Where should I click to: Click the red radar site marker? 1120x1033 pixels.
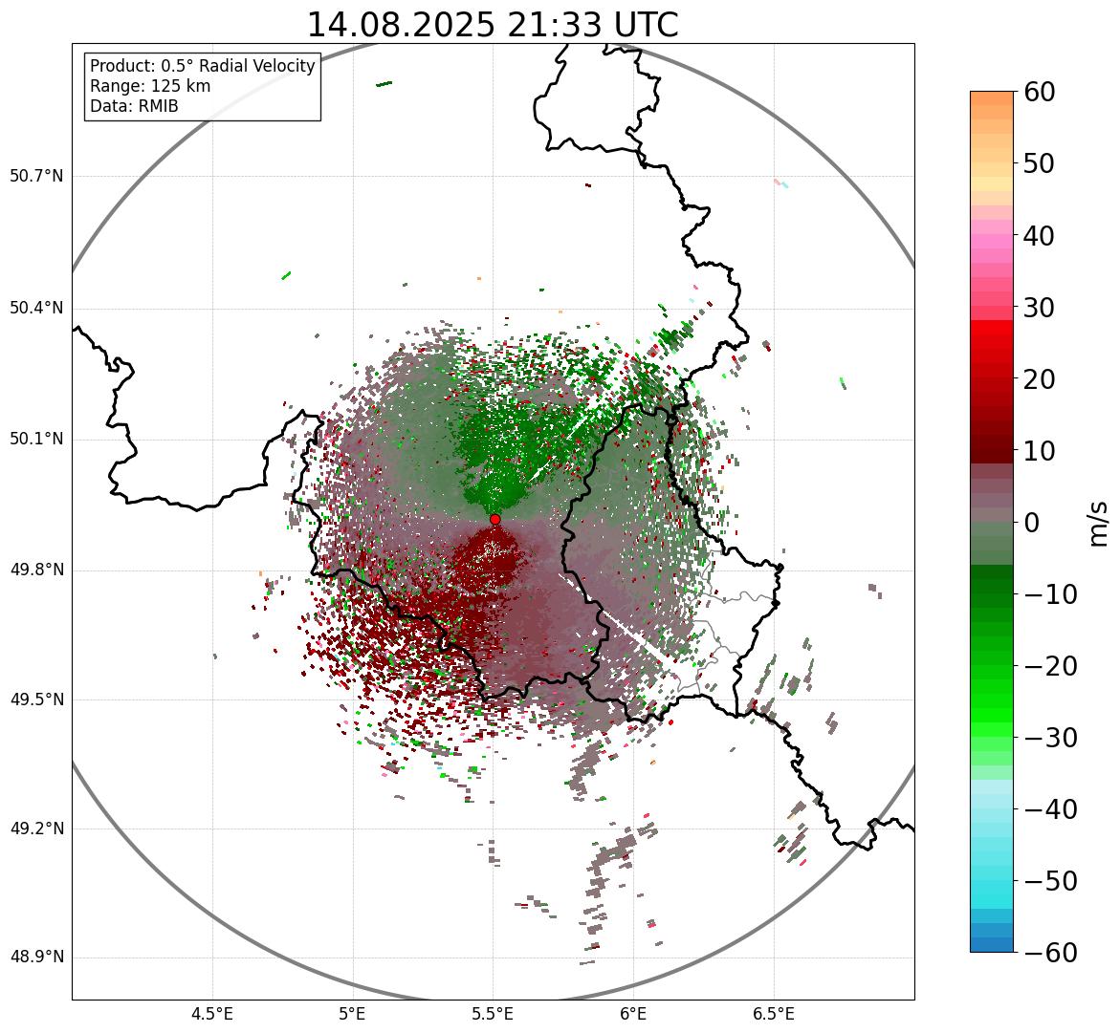tap(495, 519)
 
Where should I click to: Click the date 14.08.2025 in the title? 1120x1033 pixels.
tap(396, 25)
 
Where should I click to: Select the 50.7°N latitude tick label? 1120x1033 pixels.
tap(36, 177)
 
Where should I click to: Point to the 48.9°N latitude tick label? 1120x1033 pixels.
tap(36, 958)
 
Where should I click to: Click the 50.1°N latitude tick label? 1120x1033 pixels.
tap(36, 440)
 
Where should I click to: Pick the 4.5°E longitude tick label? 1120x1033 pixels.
tap(212, 1014)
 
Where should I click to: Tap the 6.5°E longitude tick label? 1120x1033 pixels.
tap(774, 1014)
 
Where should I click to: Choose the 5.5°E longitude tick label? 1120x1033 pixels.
tap(493, 1014)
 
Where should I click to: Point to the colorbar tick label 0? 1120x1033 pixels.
tap(1032, 523)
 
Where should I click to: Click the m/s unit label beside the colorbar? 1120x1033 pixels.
tap(1099, 522)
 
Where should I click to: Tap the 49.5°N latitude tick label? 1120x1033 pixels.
tap(36, 699)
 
